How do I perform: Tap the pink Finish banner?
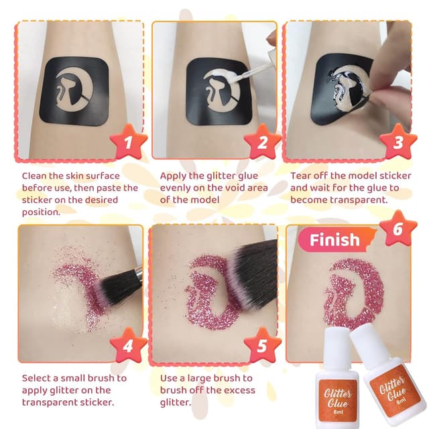[x=334, y=239]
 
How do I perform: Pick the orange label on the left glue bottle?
[x=336, y=400]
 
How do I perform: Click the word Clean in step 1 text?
[x=37, y=176]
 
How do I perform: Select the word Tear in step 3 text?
[x=302, y=176]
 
